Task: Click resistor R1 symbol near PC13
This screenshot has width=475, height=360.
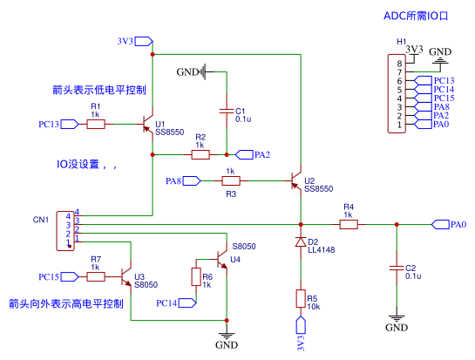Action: [96, 125]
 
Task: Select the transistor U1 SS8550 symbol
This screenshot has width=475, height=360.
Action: [148, 125]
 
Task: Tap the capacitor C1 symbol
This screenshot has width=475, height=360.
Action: [227, 112]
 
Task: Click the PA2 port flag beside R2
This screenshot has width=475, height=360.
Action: [244, 155]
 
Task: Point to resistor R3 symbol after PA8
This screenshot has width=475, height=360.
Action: [231, 181]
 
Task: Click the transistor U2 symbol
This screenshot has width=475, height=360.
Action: [296, 181]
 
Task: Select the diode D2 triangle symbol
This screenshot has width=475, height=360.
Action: [301, 241]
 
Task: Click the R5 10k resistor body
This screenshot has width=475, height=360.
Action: [301, 299]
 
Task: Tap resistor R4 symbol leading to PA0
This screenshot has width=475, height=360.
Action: [349, 225]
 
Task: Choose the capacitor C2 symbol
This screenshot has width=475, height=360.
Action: [397, 268]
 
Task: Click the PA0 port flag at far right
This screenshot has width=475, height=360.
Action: [440, 225]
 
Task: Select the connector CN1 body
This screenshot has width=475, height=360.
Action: [65, 231]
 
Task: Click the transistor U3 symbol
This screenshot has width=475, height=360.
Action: [126, 277]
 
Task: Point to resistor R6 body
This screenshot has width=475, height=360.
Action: [196, 277]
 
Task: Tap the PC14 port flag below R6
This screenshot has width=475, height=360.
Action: [187, 303]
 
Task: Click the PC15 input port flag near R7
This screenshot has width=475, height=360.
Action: [70, 277]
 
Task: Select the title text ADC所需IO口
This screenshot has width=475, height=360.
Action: [416, 16]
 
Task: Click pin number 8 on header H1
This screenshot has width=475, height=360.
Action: [399, 64]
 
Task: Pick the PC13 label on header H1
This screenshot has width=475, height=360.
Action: [444, 80]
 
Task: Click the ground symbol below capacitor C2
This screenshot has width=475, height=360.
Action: [397, 319]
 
